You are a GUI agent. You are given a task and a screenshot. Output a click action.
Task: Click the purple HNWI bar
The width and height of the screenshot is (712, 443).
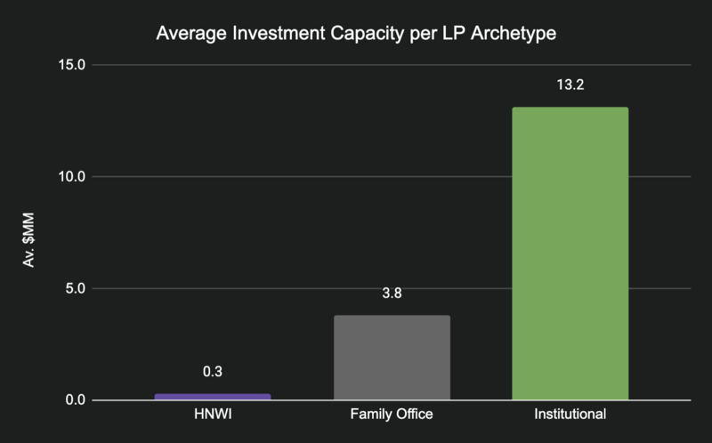pos(214,397)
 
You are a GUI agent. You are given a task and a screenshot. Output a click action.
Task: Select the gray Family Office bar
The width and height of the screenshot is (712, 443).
pos(392,358)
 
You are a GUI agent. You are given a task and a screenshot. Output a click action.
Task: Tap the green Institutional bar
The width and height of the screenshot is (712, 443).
pos(570,254)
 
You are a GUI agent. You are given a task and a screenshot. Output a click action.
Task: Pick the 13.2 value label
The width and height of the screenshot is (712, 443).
pos(570,86)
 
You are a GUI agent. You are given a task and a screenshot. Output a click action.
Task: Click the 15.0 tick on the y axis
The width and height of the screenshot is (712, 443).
pos(70,65)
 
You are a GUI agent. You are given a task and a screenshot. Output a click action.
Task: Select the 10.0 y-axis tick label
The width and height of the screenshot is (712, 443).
pos(70,176)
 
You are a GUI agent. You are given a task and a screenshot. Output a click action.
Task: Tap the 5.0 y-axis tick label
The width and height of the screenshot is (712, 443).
pos(74,288)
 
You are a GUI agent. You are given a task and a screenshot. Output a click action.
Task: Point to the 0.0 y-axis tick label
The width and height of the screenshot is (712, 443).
pos(74,400)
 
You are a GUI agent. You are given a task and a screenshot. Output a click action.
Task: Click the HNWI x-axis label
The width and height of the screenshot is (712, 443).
pos(214,415)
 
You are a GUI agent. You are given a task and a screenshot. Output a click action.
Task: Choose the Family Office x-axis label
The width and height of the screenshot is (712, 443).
pos(392,415)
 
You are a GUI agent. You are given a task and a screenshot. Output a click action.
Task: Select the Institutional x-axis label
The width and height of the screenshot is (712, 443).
pos(570,415)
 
